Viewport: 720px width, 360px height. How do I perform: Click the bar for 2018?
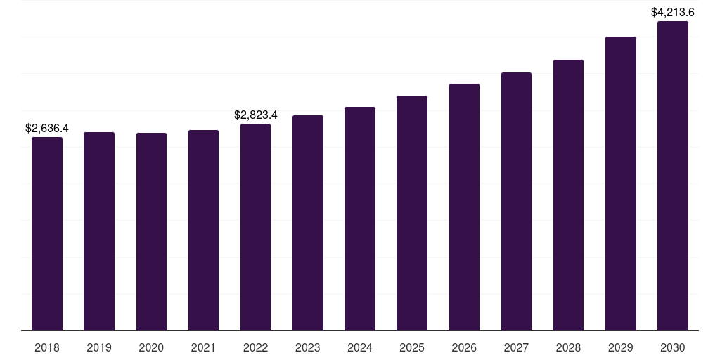click(47, 233)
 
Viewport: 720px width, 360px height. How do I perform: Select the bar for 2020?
click(151, 231)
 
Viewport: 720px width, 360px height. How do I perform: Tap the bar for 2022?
click(255, 227)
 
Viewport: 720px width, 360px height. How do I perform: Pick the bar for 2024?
click(360, 219)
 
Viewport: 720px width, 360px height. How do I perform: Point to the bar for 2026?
click(464, 207)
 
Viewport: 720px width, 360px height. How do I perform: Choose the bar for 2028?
click(568, 195)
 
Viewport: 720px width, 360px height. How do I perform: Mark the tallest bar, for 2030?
click(673, 176)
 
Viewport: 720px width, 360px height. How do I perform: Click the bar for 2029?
click(621, 184)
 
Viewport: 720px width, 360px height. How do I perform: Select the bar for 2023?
click(308, 223)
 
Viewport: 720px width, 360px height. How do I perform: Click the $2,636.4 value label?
click(47, 128)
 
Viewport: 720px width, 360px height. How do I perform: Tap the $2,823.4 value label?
click(256, 115)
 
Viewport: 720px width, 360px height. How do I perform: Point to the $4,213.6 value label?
click(673, 12)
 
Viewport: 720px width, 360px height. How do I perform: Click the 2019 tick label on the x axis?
click(99, 347)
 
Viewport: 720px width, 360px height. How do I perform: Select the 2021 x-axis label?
click(203, 347)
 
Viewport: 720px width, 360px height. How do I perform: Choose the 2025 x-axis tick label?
click(412, 347)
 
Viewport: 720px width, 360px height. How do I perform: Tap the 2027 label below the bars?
click(516, 347)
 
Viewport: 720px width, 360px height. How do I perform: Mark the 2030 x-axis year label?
click(673, 347)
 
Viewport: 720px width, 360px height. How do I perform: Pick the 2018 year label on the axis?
click(47, 347)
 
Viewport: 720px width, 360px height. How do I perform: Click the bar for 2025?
click(412, 213)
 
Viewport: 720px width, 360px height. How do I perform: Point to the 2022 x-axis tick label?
click(255, 347)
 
